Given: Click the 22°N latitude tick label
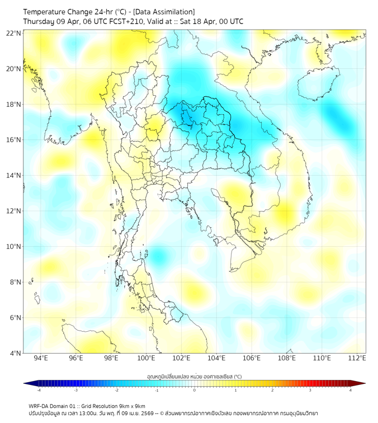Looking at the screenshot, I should point(14,33).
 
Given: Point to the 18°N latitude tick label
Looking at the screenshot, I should point(14,105).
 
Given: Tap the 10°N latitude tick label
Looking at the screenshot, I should point(14,247).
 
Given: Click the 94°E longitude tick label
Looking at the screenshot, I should point(41,358).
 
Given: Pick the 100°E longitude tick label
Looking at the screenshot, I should point(146,358).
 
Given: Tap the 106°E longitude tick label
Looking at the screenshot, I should point(252,358).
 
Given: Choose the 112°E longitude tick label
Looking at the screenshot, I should point(357,358).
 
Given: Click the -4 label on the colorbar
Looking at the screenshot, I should point(39,390).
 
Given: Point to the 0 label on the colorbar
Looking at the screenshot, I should point(195,390).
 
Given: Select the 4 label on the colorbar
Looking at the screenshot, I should point(351,390).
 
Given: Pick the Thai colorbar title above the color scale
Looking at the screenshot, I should point(195,376).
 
